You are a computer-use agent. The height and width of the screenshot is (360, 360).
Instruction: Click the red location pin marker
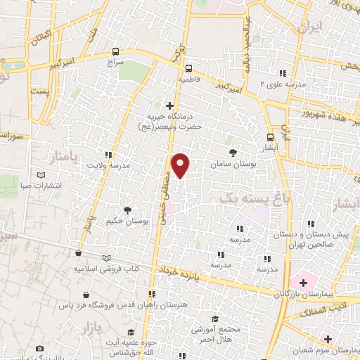click(x=181, y=164)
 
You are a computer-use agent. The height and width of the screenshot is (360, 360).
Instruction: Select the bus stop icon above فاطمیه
click(x=188, y=68)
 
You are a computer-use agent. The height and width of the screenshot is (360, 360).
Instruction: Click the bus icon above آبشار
click(x=271, y=137)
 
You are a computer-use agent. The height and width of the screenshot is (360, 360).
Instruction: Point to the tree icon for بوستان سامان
click(x=233, y=151)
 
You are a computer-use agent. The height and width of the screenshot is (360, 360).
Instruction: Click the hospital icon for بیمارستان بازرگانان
click(x=302, y=282)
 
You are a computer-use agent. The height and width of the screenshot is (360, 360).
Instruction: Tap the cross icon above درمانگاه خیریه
click(x=168, y=105)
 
